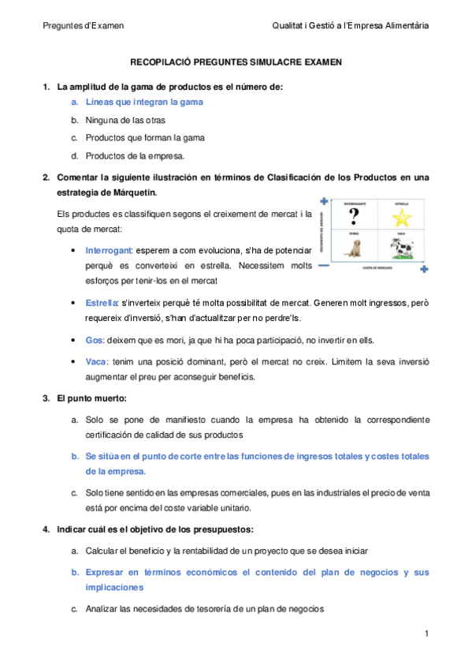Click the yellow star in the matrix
tap(402, 216)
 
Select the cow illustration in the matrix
tap(402, 248)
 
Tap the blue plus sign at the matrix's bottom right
tap(424, 270)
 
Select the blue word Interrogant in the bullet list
tap(110, 250)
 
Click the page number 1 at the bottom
tap(426, 633)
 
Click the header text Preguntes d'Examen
tap(83, 25)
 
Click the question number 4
tap(46, 528)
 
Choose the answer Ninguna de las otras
tap(121, 120)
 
